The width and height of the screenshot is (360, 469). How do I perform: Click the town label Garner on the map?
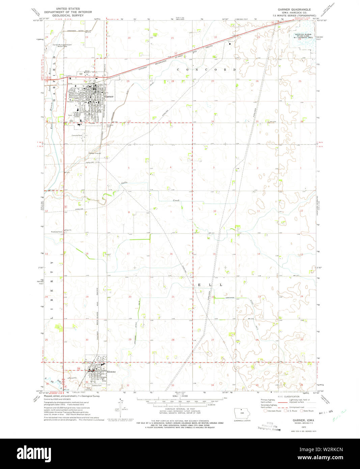click(109, 96)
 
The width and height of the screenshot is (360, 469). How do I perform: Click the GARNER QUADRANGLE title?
click(294, 9)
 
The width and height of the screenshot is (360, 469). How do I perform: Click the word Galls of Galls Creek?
click(125, 183)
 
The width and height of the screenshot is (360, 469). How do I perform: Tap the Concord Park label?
click(77, 135)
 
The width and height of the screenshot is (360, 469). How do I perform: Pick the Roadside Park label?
click(56, 232)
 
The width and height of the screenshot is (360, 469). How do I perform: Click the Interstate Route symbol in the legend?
click(266, 411)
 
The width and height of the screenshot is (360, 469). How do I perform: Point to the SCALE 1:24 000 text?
click(180, 396)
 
